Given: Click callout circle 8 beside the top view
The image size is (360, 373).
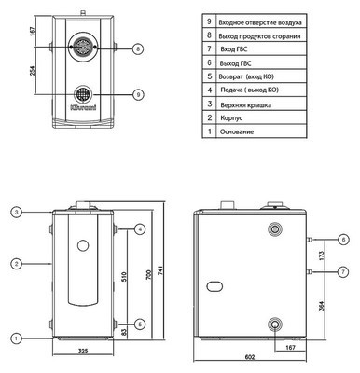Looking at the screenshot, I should point(137,48).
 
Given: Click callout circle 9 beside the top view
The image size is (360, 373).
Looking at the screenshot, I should point(137,94).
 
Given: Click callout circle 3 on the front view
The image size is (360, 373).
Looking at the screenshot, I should point(18,213).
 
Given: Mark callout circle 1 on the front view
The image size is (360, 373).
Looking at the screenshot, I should point(18,337).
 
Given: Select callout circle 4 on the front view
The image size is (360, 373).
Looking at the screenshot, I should point(139,229).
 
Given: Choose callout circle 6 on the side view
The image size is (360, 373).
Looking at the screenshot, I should point(343,240).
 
